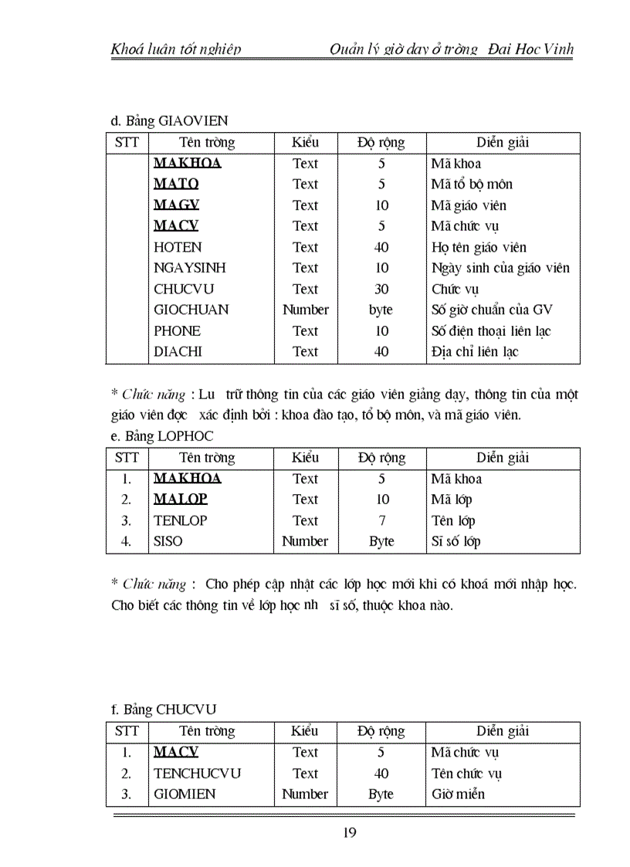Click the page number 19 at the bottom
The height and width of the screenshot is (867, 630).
click(348, 832)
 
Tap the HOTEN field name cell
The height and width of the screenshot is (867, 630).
click(177, 247)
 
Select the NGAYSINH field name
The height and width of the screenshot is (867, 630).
click(190, 268)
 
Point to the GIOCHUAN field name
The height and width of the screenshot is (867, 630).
click(191, 310)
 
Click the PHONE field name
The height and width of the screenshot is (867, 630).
click(177, 330)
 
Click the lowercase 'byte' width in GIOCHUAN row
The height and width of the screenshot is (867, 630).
click(381, 310)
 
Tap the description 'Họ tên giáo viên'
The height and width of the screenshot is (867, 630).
click(479, 247)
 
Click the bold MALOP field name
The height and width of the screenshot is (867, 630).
click(180, 500)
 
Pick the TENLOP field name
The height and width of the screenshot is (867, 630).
click(180, 520)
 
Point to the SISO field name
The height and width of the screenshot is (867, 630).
click(168, 541)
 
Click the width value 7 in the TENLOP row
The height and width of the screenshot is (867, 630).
click(381, 520)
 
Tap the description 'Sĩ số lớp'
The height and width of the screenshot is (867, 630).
click(456, 541)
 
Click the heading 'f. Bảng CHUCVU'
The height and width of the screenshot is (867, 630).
click(164, 710)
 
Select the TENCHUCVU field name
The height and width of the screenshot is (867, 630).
click(197, 773)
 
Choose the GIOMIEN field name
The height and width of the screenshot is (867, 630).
click(185, 794)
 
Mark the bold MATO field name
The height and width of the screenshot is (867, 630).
click(176, 184)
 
